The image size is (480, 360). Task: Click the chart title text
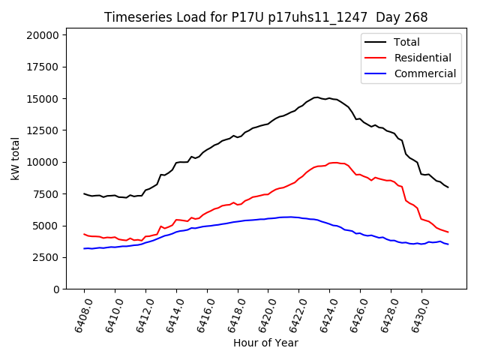(x=266, y=17)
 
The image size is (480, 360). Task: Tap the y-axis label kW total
(x=15, y=158)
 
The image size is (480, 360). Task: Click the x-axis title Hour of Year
(x=265, y=343)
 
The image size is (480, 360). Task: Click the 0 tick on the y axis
(x=55, y=289)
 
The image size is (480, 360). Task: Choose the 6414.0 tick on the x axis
(x=168, y=314)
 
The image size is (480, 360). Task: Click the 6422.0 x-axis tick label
(x=291, y=314)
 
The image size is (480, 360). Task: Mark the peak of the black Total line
(x=316, y=97)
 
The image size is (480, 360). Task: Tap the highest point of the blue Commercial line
(x=288, y=217)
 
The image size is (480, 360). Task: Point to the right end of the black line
(x=448, y=187)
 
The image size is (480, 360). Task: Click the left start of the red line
(x=84, y=234)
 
